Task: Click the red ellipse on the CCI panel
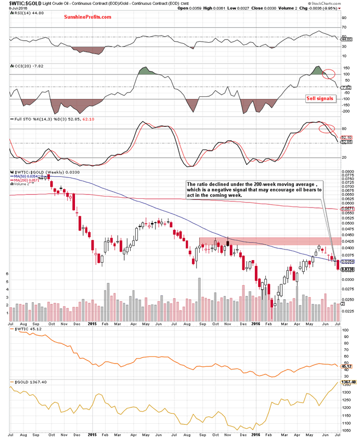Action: [328, 73]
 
